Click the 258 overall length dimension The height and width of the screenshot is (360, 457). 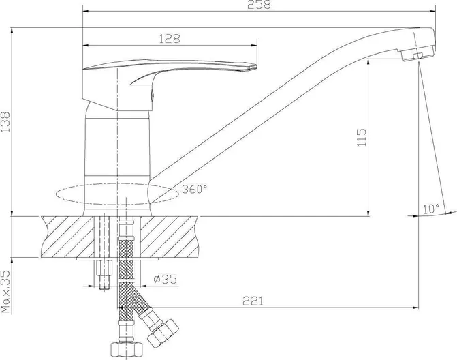[x=259, y=5]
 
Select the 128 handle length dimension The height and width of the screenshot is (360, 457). [x=170, y=39]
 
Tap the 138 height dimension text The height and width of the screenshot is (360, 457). [x=5, y=121]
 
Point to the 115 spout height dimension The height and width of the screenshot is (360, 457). [x=361, y=137]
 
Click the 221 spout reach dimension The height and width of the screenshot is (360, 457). [x=253, y=301]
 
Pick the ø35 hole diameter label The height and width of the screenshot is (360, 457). [x=165, y=279]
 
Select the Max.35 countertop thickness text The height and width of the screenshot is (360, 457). [x=5, y=291]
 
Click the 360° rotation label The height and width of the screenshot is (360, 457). [x=194, y=190]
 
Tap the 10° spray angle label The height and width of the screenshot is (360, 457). [x=431, y=209]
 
